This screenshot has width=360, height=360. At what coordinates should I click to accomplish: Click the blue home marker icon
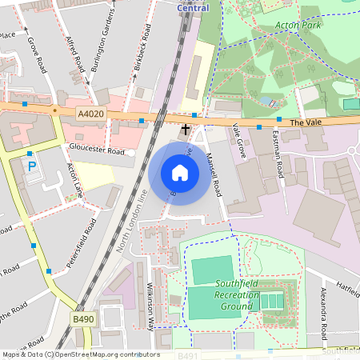180,173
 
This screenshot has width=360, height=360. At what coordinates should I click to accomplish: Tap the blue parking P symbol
32,167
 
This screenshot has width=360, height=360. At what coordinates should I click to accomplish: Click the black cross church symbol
186,128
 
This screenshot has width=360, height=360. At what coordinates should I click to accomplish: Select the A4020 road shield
91,115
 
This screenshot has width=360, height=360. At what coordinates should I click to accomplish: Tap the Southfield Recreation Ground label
237,295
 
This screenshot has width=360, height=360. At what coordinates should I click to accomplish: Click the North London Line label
133,222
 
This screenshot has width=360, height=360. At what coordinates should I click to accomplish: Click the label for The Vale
304,122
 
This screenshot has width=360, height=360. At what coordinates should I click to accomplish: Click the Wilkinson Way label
151,304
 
